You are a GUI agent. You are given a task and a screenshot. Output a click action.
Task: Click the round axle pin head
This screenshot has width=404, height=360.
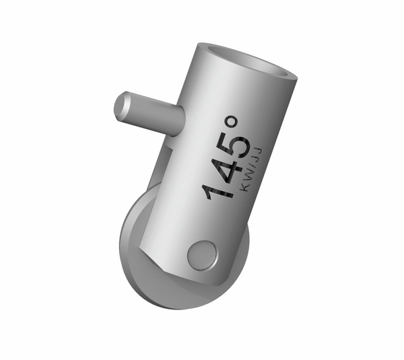(201, 254)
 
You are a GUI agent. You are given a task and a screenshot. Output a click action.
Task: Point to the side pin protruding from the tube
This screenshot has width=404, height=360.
(148, 111)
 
